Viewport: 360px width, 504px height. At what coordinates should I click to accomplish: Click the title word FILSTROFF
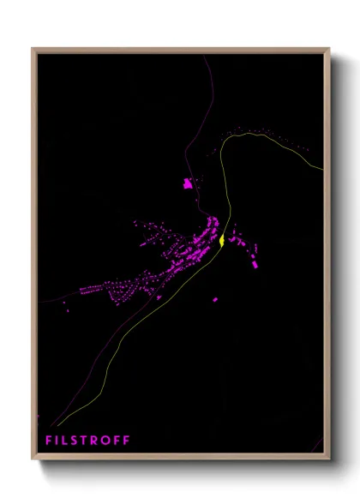point(88,441)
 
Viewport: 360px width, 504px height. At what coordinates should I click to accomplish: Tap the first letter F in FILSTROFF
point(50,441)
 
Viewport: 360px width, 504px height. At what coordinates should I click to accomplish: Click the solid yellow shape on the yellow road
point(222,241)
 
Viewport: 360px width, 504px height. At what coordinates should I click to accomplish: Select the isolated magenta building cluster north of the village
point(188,183)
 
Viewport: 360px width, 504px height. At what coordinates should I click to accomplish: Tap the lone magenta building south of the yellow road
point(215,300)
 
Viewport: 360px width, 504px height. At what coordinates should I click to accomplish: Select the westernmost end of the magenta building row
point(83,291)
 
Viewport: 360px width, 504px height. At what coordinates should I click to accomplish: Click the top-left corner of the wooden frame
point(33,49)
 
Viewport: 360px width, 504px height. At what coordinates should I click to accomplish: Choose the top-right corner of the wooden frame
point(329,49)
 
